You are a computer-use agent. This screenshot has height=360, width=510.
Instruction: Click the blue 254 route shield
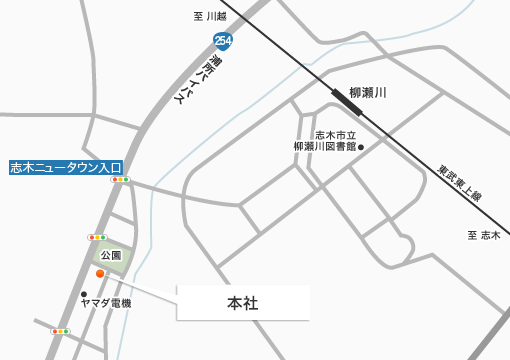click(x=222, y=41)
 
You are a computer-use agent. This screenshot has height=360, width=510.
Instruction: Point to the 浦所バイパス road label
click(x=200, y=81)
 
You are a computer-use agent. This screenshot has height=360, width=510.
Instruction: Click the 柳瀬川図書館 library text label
click(x=324, y=141)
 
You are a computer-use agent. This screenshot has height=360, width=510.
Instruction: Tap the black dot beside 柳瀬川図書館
click(x=361, y=147)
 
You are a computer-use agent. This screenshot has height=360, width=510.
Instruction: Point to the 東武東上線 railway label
click(x=459, y=183)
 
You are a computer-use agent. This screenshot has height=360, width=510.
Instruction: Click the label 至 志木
click(x=483, y=235)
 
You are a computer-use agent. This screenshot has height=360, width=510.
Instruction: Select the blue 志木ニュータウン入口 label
click(x=66, y=167)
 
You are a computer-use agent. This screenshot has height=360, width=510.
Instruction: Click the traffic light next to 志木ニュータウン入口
click(x=120, y=179)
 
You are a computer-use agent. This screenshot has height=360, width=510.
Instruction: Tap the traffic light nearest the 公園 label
click(x=97, y=237)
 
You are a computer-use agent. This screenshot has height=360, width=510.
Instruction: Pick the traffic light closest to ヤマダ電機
click(x=60, y=331)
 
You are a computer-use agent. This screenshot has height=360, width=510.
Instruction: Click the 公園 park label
click(x=111, y=255)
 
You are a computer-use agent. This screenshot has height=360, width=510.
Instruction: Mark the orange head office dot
click(x=100, y=273)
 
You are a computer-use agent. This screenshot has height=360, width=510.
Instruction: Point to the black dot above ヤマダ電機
click(x=84, y=294)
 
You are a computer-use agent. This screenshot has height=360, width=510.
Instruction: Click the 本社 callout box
click(x=243, y=303)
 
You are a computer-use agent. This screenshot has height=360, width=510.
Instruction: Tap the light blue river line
click(x=151, y=230)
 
